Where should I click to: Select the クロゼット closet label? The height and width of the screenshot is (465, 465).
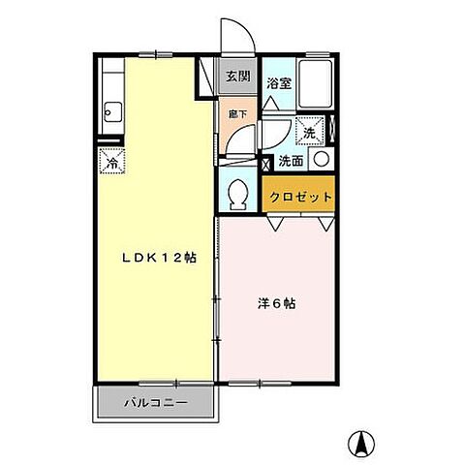point(300,196)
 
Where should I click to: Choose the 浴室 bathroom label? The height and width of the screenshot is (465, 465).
point(279,83)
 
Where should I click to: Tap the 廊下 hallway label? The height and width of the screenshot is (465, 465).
point(236,113)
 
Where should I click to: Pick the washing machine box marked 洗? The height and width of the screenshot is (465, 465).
point(309,129)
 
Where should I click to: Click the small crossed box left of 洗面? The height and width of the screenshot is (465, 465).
point(266,161)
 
